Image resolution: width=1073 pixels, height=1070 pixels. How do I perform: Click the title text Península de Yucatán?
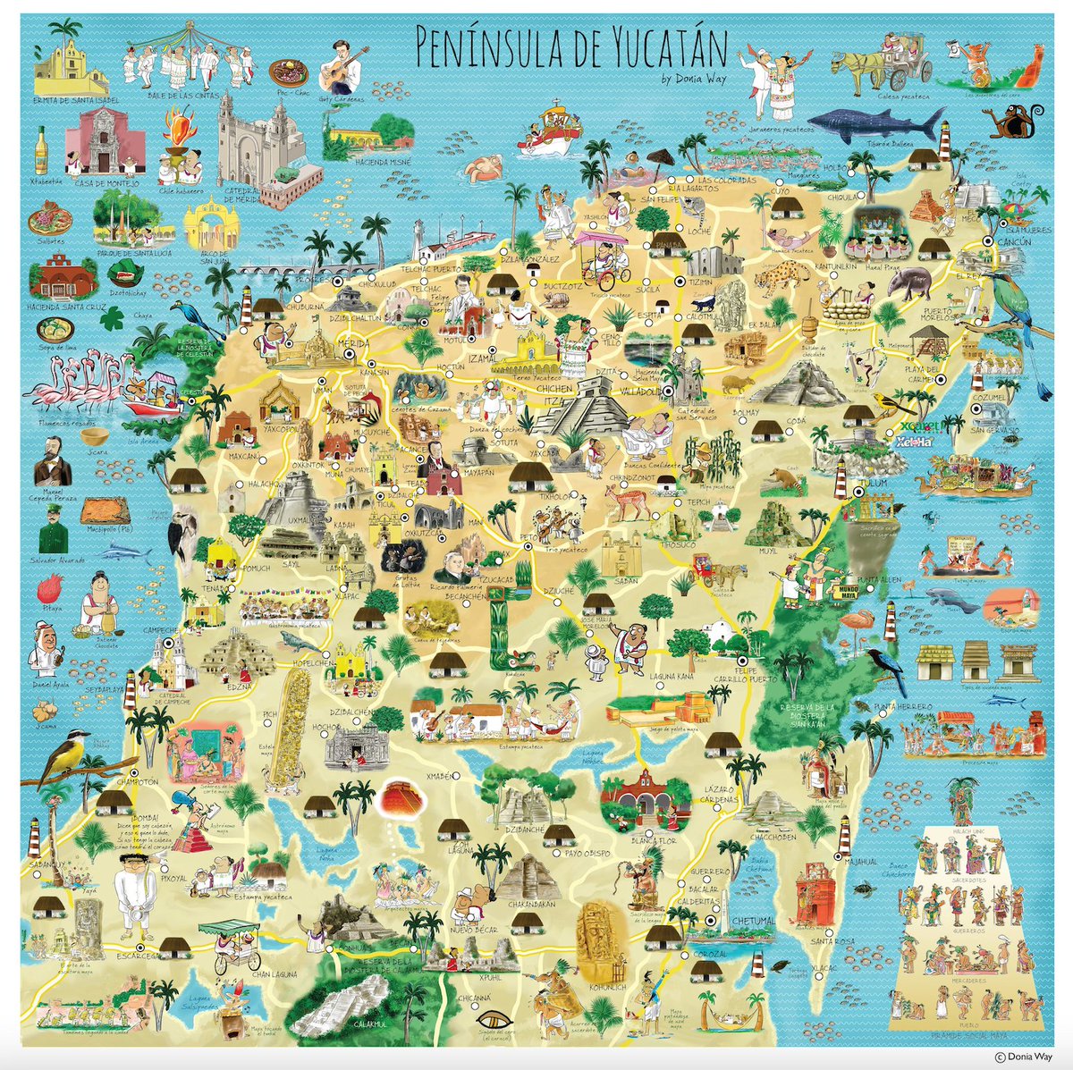(x=570, y=44)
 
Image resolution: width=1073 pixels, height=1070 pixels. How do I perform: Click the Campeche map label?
(x=162, y=629)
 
